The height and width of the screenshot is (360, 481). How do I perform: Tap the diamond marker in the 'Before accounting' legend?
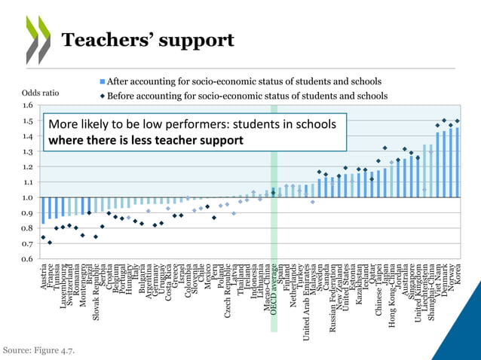(x=102, y=96)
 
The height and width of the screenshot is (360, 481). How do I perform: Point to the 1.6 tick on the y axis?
(x=28, y=105)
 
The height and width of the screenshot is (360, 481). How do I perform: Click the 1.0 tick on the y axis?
(x=28, y=197)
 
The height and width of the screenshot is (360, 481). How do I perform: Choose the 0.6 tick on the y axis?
(x=28, y=258)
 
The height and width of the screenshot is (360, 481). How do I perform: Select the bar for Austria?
(x=43, y=211)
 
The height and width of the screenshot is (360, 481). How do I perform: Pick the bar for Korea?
(x=458, y=163)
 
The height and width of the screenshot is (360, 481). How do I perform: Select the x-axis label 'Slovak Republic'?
(x=96, y=292)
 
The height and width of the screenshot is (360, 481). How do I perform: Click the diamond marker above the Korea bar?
(x=458, y=121)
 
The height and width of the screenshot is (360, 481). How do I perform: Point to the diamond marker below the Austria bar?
(x=43, y=238)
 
